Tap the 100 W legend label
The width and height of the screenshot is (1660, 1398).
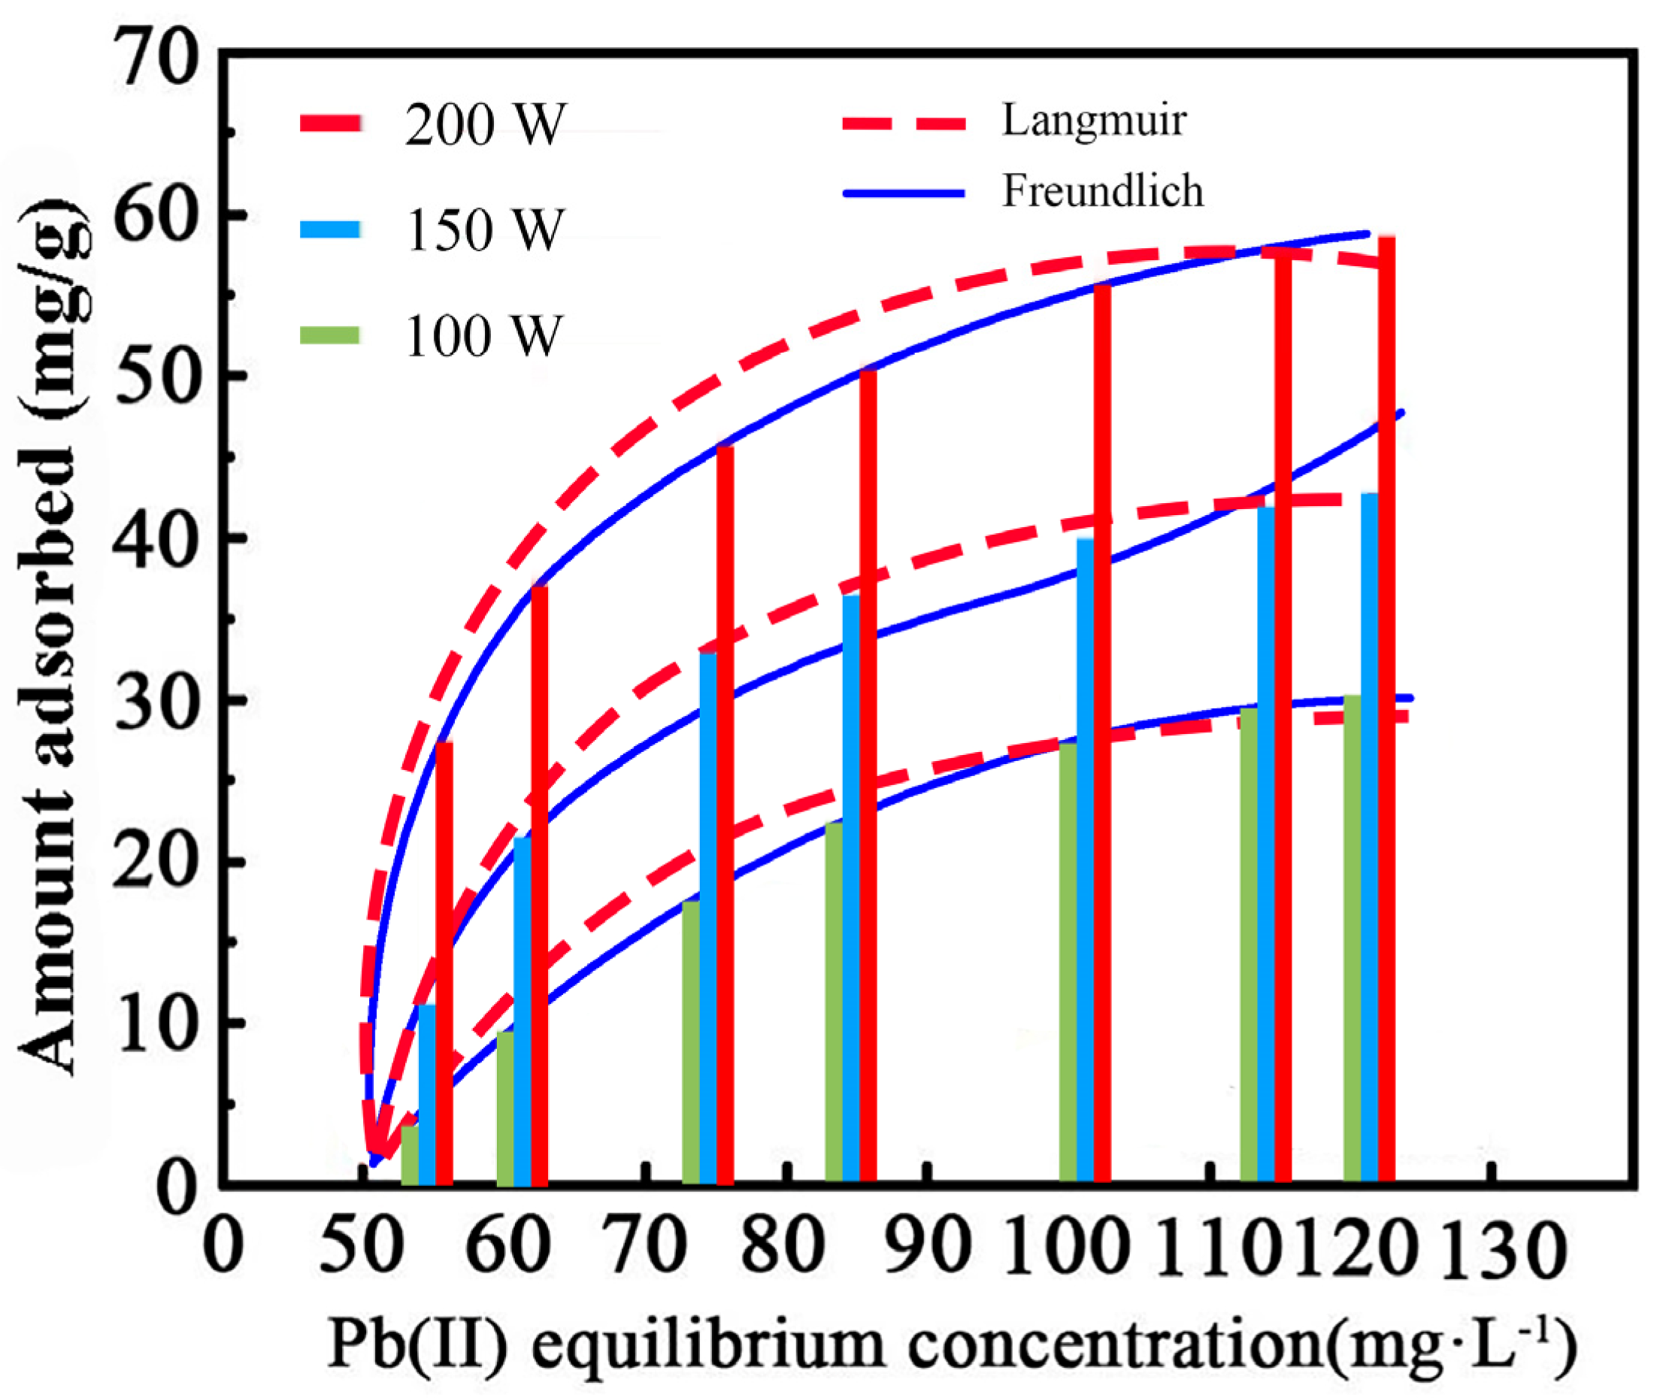(483, 336)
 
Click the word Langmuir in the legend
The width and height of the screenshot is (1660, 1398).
(1093, 121)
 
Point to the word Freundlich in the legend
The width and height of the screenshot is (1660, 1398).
(1102, 192)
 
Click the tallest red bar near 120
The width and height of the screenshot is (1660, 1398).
(1386, 713)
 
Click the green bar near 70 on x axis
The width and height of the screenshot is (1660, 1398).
(690, 1042)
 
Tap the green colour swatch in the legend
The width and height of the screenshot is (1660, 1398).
(329, 335)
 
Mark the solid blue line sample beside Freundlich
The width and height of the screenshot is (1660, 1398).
(903, 193)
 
